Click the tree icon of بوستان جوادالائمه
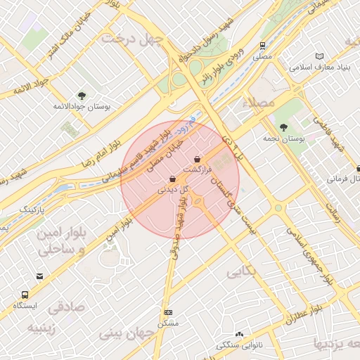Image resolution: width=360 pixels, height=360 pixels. click(82, 96)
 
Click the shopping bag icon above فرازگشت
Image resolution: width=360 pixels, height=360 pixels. click(198, 159)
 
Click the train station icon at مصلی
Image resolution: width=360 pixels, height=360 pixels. click(262, 45)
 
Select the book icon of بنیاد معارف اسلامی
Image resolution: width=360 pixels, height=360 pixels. click(320, 56)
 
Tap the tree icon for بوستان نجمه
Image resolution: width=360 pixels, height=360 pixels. click(283, 127)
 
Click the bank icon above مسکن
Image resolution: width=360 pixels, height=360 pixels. click(168, 312)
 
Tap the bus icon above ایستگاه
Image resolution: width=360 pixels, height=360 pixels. click(25, 295)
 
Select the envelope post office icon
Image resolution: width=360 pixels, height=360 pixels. click(40, 276)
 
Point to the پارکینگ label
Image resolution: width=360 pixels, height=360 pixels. click(32, 210)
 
